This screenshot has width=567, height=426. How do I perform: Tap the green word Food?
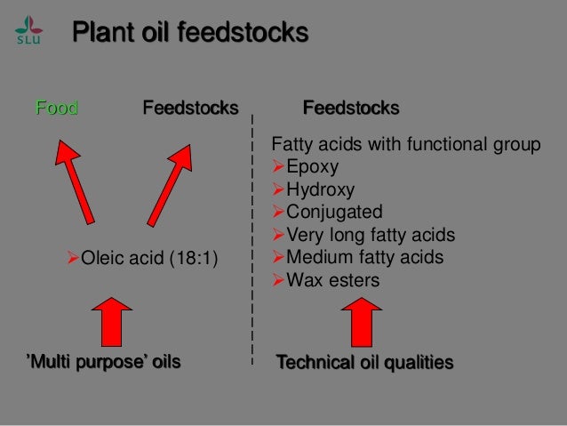pyautogui.click(x=56, y=109)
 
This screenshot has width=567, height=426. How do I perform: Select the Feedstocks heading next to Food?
pyautogui.click(x=190, y=109)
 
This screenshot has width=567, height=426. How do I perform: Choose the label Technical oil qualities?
pyautogui.click(x=364, y=362)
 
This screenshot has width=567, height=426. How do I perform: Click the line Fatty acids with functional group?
pyautogui.click(x=404, y=144)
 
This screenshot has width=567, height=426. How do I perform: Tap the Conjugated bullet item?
pyautogui.click(x=333, y=213)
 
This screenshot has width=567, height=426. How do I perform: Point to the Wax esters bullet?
pyautogui.click(x=331, y=281)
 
